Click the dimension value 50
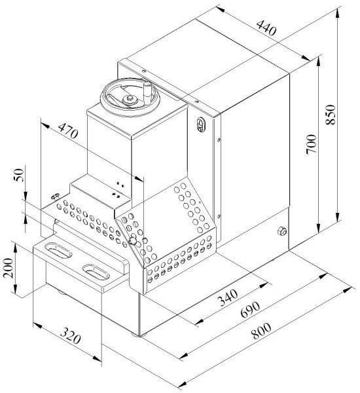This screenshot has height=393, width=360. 19,176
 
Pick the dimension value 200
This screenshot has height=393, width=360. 9,268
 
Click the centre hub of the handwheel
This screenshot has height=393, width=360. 130,100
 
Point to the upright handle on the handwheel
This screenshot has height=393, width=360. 147,89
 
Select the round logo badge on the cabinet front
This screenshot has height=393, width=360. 199,124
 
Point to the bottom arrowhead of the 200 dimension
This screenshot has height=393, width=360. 15,294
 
